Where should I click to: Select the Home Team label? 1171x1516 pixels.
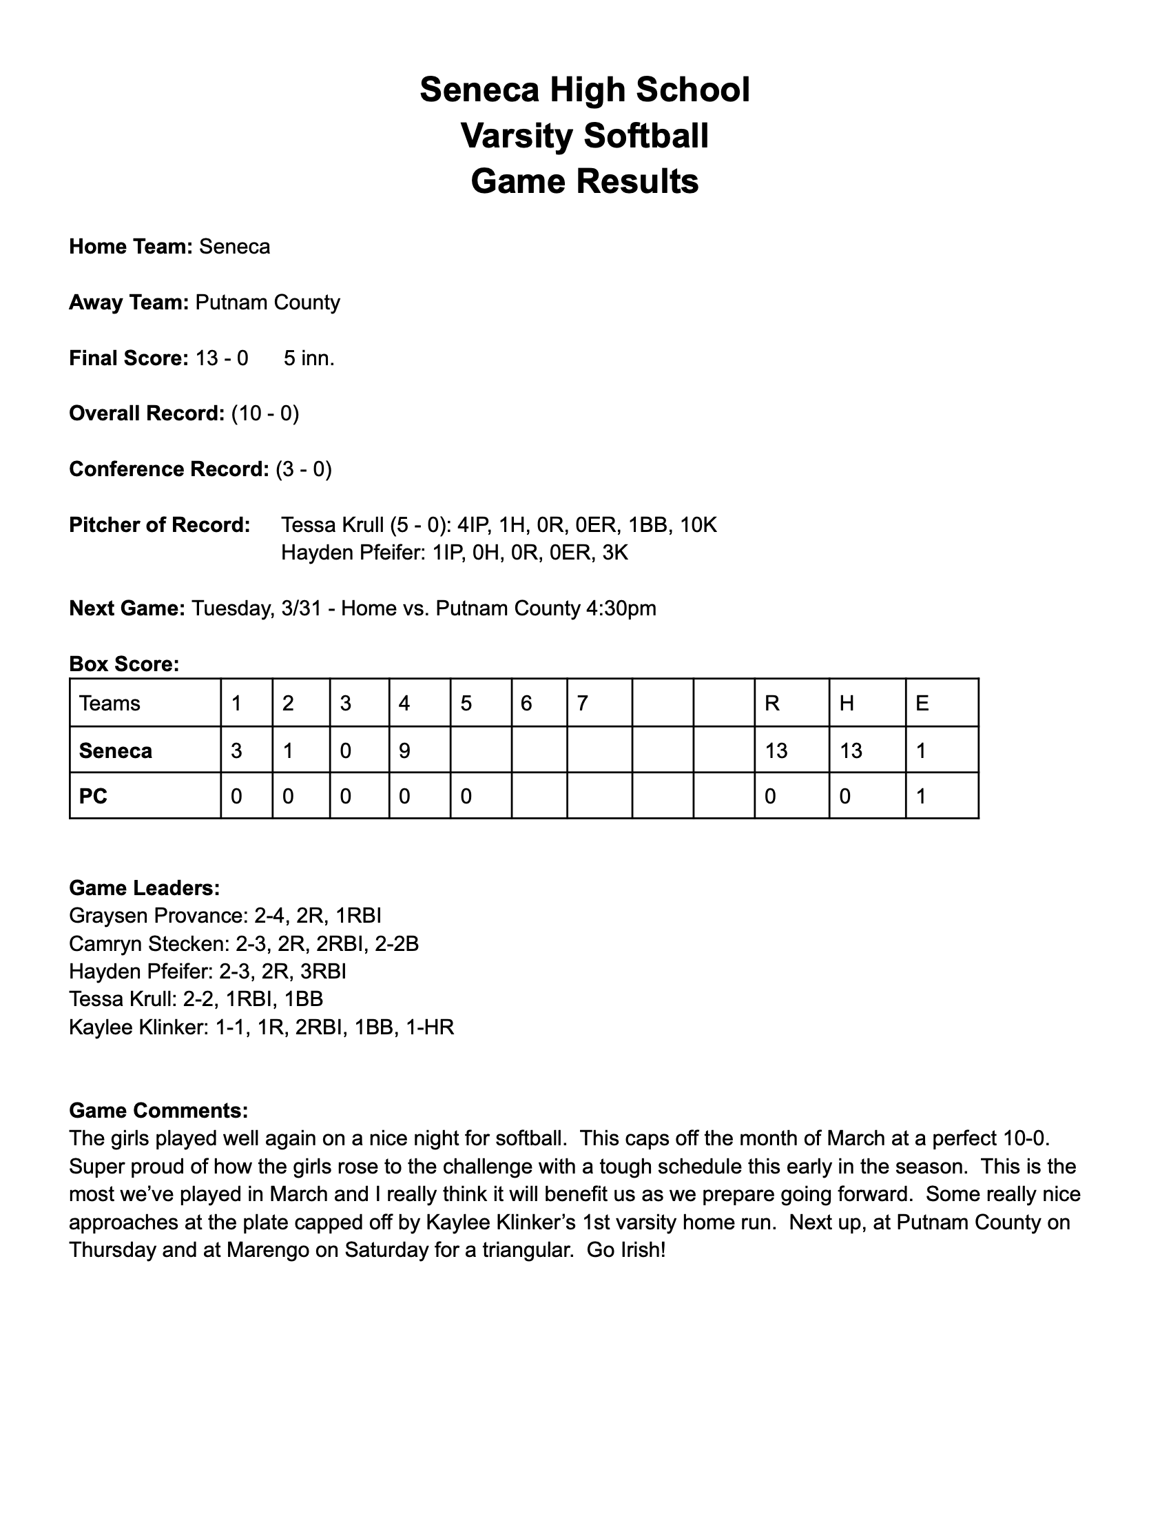click(130, 247)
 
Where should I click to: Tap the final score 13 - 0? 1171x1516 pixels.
click(222, 358)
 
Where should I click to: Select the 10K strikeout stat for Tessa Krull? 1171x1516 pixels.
click(698, 525)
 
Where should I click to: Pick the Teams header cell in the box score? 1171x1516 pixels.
click(110, 703)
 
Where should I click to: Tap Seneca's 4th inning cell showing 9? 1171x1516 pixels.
click(404, 750)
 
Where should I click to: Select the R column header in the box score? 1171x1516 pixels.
click(771, 703)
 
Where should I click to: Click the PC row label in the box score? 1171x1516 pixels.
click(94, 796)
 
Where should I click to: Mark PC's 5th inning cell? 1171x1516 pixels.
click(466, 796)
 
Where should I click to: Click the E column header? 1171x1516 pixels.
click(922, 703)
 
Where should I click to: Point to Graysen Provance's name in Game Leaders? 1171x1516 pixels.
click(156, 916)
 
